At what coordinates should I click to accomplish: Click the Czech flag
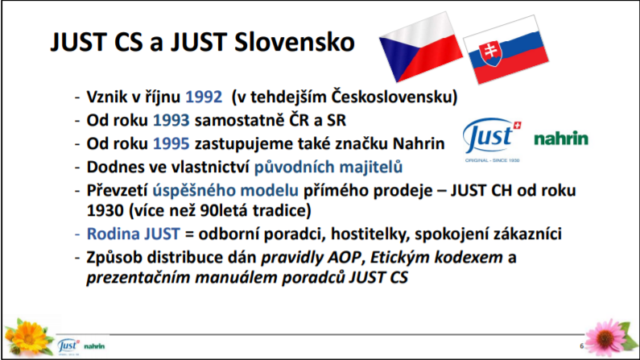click(421, 46)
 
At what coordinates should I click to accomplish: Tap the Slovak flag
click(506, 50)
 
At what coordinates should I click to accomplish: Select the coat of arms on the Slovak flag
click(490, 53)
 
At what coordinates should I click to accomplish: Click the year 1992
click(204, 97)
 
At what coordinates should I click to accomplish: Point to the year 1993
click(171, 121)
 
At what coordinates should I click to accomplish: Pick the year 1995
click(171, 143)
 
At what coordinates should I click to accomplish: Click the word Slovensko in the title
click(295, 42)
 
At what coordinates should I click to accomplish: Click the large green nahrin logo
click(561, 139)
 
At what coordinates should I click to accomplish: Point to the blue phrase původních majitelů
click(328, 168)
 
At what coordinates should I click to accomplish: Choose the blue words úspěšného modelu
click(225, 191)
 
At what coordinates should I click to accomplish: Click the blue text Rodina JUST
click(133, 234)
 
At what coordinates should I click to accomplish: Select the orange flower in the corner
click(28, 337)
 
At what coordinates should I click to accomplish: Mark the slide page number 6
click(581, 346)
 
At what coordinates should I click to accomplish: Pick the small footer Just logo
click(68, 346)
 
